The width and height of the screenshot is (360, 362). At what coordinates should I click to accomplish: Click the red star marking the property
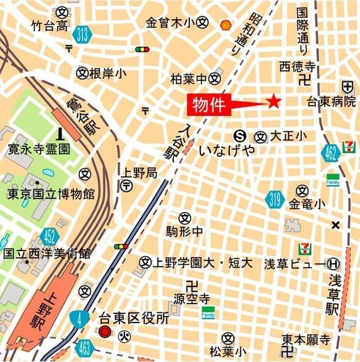coord(274,102)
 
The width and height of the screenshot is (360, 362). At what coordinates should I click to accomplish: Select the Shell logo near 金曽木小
coord(225,24)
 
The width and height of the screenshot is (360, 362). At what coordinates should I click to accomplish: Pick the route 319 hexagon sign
coord(276,199)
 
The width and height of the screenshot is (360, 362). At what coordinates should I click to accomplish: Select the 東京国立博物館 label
coord(51,194)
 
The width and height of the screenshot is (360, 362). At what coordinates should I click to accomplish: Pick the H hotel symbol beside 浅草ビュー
coord(335,263)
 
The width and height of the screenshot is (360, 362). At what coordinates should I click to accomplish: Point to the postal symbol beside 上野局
coord(126,186)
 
